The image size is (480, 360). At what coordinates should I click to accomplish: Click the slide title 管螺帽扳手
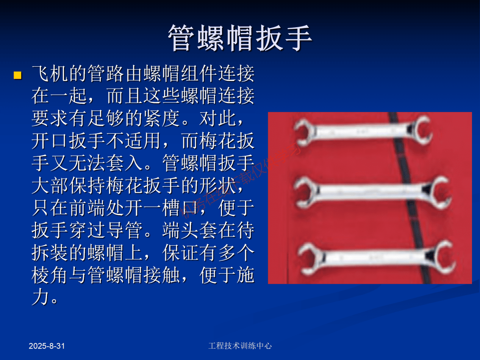tap(240, 38)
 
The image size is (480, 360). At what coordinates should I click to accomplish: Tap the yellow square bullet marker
tap(17, 75)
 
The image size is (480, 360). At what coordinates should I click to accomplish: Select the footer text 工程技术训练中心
tap(240, 346)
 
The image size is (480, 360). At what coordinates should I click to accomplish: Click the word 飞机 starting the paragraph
tap(50, 74)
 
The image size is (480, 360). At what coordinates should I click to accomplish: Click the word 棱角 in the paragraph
tap(50, 275)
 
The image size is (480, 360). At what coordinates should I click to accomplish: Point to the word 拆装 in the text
tap(50, 253)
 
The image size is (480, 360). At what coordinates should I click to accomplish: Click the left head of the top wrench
tap(305, 132)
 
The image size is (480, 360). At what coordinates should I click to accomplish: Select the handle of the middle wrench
tap(367, 188)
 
